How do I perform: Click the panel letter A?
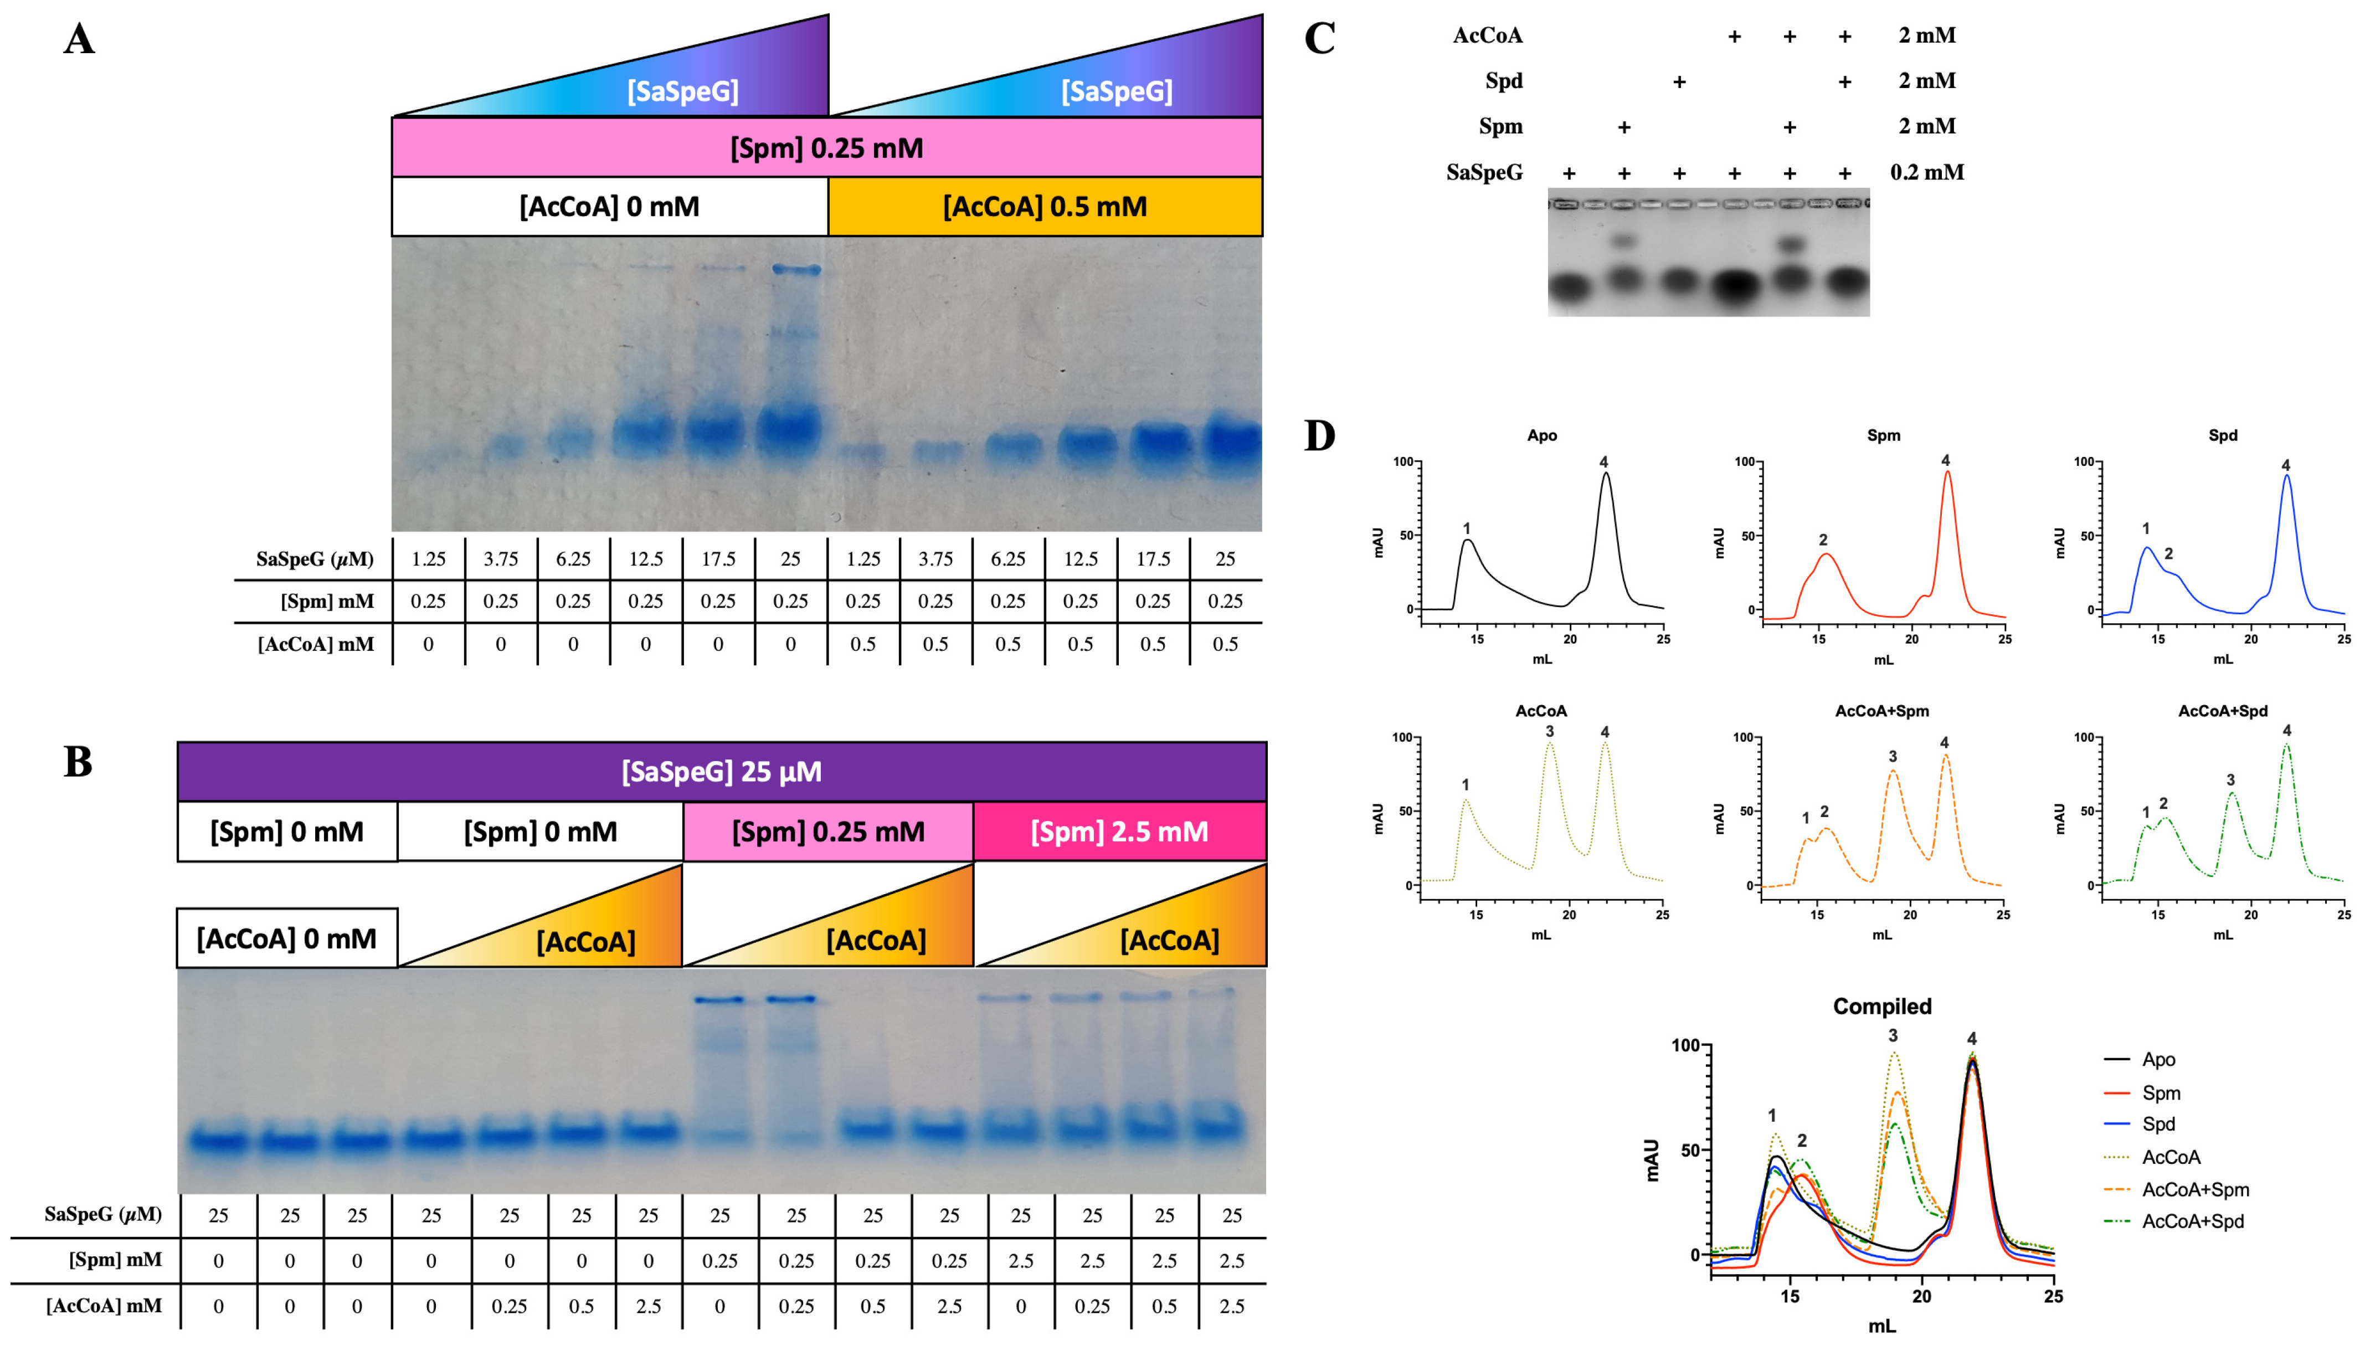click(79, 40)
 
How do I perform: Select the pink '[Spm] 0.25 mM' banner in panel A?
click(826, 148)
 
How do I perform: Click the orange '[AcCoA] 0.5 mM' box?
click(1045, 206)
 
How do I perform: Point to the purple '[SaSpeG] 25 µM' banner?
click(721, 771)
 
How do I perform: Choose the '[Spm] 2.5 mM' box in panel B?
click(1119, 831)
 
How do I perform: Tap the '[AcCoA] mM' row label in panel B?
click(104, 1305)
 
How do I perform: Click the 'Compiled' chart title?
click(1882, 1006)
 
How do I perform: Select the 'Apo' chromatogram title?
click(1542, 435)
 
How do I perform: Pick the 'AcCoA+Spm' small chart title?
click(1882, 710)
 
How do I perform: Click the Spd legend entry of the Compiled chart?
click(2158, 1123)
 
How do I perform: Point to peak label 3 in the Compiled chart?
click(1893, 1035)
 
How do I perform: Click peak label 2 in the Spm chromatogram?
click(1823, 540)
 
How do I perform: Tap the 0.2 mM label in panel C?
click(1927, 172)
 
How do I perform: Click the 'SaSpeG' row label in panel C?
click(1484, 172)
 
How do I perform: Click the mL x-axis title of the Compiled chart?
click(1882, 1326)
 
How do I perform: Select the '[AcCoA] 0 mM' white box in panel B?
click(286, 938)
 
